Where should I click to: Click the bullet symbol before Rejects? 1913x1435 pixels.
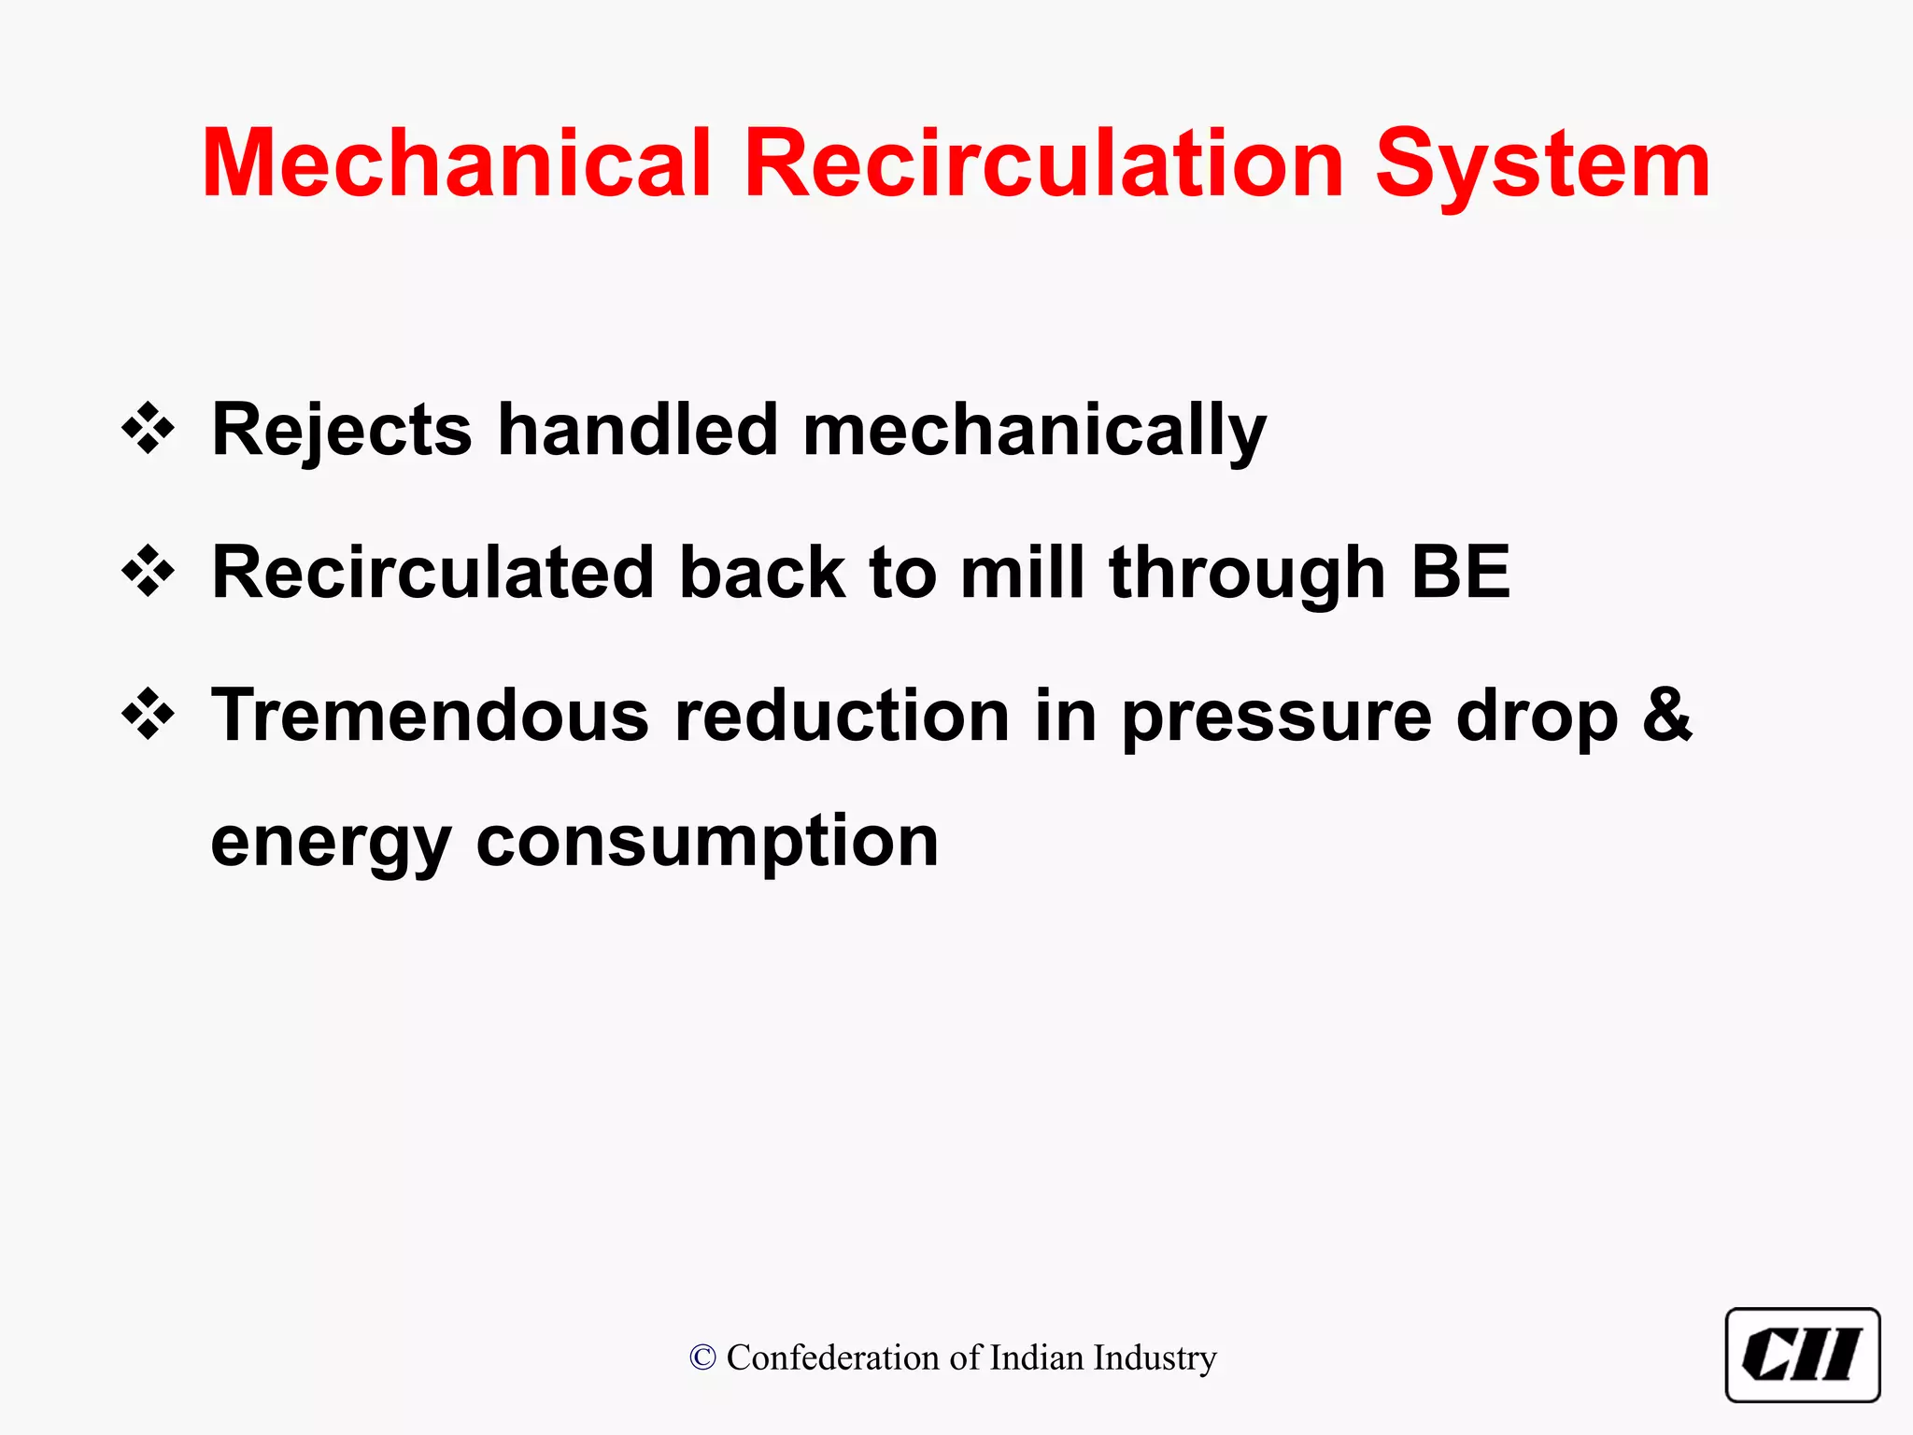[x=149, y=429]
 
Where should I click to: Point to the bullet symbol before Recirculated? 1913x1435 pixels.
[x=149, y=572]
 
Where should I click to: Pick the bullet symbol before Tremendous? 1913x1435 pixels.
[x=149, y=715]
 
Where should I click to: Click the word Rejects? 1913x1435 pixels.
[x=342, y=430]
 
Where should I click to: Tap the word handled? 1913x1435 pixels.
[x=638, y=430]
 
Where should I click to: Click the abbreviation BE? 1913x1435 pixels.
[x=1460, y=572]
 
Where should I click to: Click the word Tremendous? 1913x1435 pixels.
[x=431, y=716]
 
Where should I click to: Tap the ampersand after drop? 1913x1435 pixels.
[x=1667, y=716]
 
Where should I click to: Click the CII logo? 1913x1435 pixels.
[x=1802, y=1355]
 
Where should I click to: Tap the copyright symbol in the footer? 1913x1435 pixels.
[x=702, y=1357]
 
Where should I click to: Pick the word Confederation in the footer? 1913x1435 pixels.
[x=834, y=1357]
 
